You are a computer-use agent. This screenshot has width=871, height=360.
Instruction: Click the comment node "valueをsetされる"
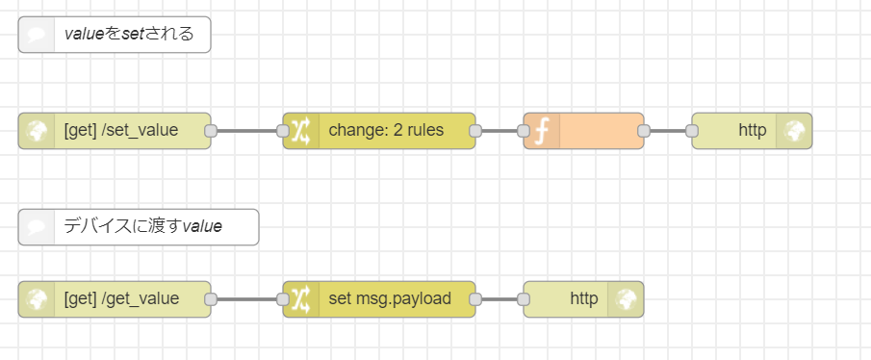[128, 35]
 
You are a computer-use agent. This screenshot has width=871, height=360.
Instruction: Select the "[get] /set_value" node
[120, 131]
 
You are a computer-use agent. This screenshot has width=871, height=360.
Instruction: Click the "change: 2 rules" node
[385, 131]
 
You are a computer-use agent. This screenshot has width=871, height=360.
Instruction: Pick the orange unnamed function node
[597, 131]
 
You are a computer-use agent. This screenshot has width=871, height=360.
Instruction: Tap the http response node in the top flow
[752, 131]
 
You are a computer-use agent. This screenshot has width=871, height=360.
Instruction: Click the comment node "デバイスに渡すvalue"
[141, 227]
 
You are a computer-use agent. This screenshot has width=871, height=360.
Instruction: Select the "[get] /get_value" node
[120, 299]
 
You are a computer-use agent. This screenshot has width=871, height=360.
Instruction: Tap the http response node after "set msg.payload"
[583, 299]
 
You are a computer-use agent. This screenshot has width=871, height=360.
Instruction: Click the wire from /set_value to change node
[246, 131]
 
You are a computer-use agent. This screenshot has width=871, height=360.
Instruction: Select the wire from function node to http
[668, 131]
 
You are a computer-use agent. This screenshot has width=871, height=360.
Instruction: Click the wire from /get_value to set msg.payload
[246, 299]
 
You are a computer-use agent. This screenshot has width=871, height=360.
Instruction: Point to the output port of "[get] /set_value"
[211, 131]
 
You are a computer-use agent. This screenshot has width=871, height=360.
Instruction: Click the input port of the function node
[524, 131]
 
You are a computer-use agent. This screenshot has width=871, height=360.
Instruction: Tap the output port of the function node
[644, 131]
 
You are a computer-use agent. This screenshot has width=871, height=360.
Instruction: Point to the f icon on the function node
[541, 131]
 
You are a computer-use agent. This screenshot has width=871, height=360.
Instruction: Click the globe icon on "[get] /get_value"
[37, 299]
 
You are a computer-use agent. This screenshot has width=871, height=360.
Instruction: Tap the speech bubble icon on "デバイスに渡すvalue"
[37, 227]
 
